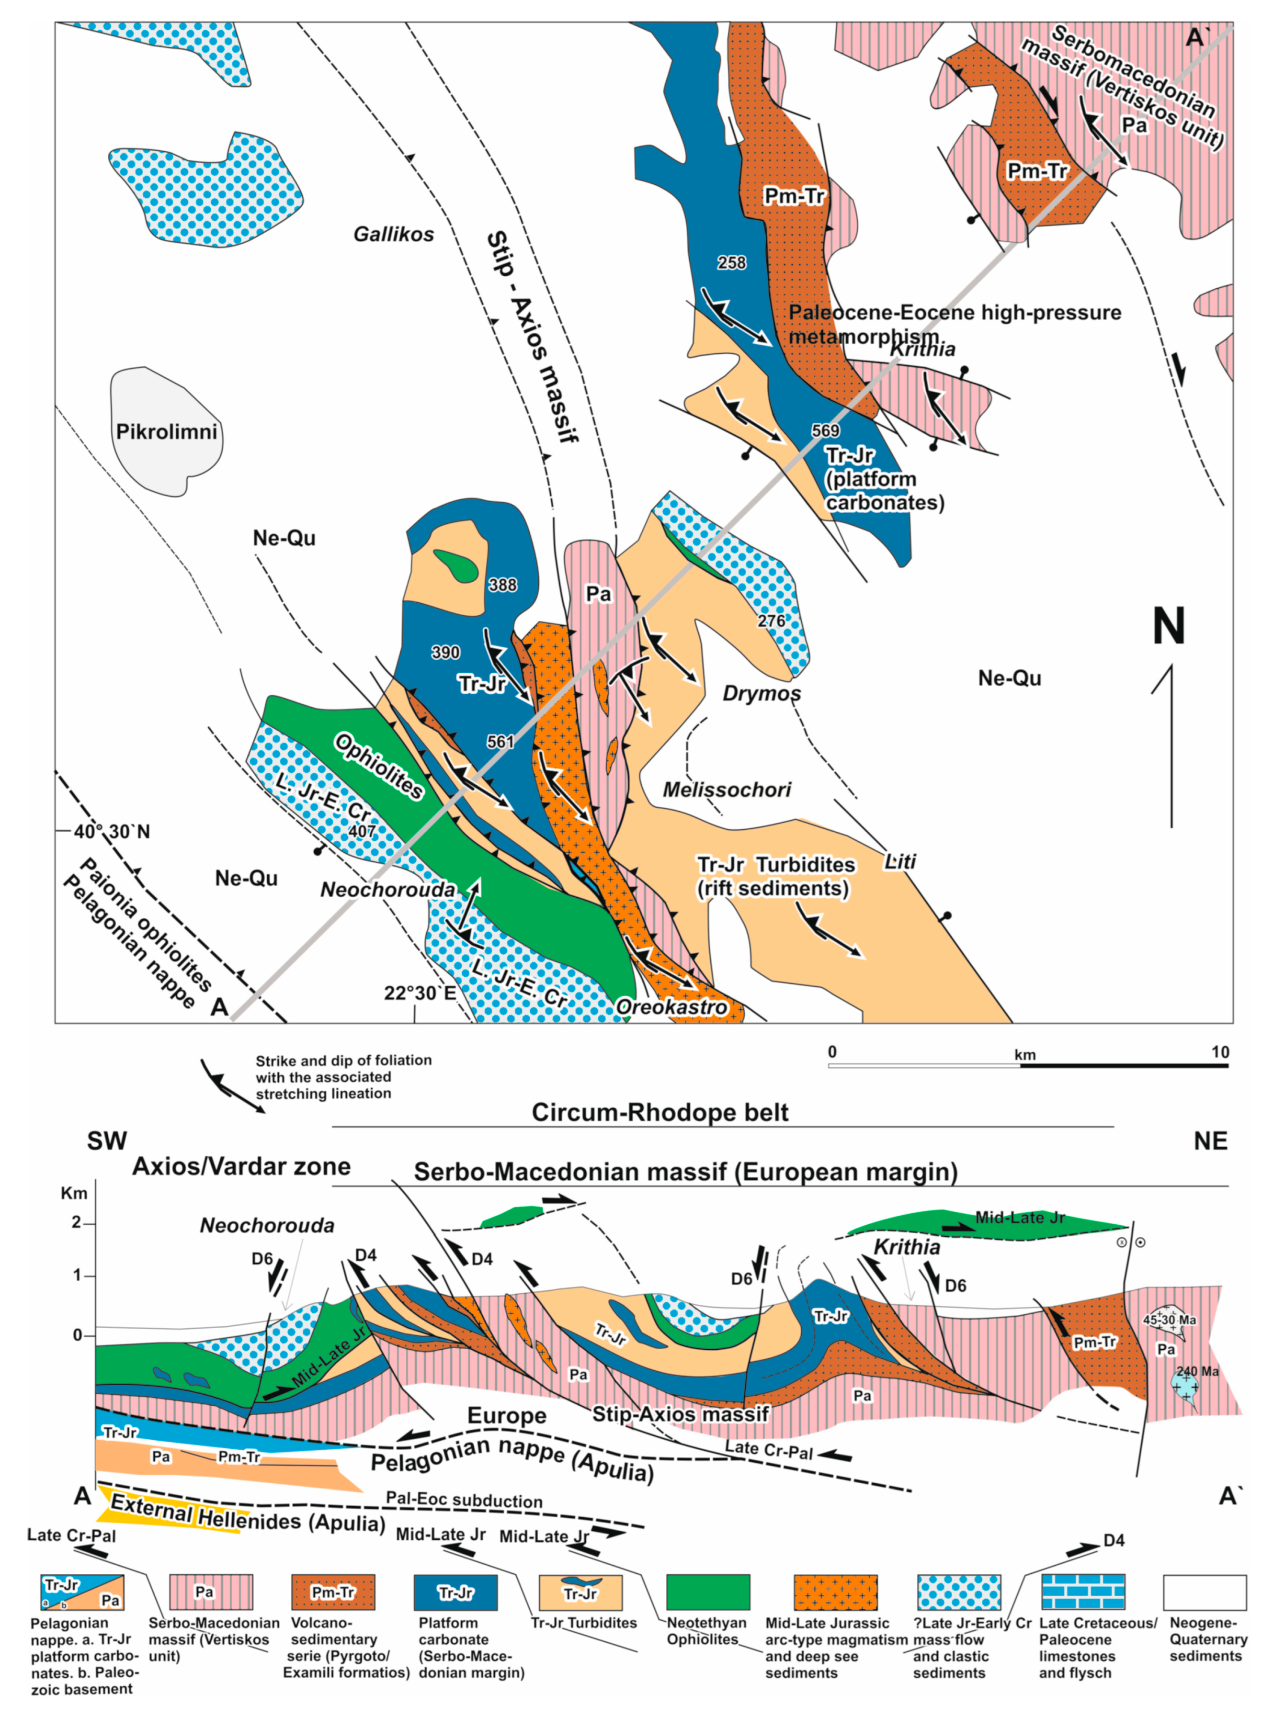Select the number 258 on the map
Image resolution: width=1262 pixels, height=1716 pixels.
tap(731, 263)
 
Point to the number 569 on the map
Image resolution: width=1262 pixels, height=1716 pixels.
tap(825, 431)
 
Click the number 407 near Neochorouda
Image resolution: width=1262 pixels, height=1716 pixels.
tap(362, 831)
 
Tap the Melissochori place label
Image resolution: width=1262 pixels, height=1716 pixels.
tap(727, 790)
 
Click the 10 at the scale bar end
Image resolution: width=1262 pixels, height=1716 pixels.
tap(1220, 1052)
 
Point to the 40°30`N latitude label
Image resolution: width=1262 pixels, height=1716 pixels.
tap(112, 832)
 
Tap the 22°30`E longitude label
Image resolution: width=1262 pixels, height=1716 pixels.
tap(420, 993)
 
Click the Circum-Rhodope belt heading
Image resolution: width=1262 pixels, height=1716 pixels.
tap(659, 1113)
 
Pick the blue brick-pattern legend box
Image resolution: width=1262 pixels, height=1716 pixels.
tap(1082, 1592)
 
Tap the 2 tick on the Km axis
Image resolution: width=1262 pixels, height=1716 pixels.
tap(77, 1223)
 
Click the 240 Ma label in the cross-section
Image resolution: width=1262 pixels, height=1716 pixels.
tap(1197, 1372)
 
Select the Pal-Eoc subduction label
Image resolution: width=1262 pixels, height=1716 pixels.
tap(464, 1500)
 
